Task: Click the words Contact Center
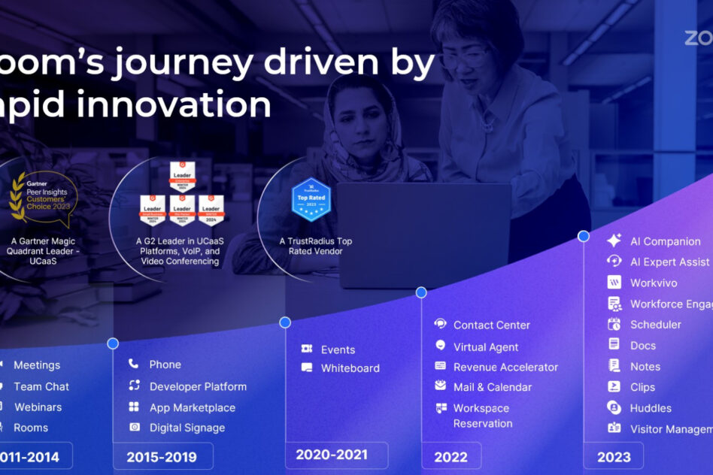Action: pyautogui.click(x=491, y=325)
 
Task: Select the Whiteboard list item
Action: pyautogui.click(x=350, y=368)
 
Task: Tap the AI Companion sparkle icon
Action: pyautogui.click(x=614, y=241)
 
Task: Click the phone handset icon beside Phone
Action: pyautogui.click(x=134, y=364)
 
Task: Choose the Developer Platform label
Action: pyautogui.click(x=198, y=386)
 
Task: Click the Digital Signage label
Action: pyautogui.click(x=187, y=428)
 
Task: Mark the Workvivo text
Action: pyautogui.click(x=654, y=283)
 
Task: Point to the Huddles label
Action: pyautogui.click(x=651, y=408)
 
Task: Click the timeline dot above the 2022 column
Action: pyautogui.click(x=421, y=292)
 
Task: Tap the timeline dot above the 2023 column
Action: pyautogui.click(x=583, y=236)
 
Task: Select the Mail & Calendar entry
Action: pyautogui.click(x=492, y=387)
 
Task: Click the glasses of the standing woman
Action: pyautogui.click(x=464, y=57)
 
